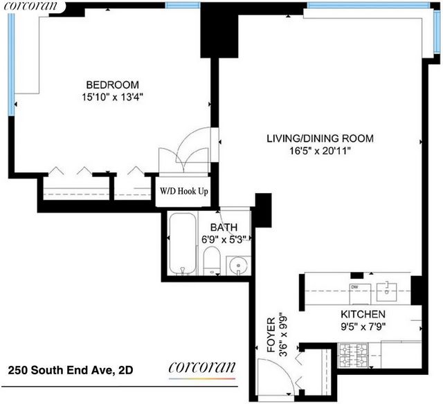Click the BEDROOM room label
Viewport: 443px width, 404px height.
112,84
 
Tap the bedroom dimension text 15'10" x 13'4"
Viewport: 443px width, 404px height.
112,98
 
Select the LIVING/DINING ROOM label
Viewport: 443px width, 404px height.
320,138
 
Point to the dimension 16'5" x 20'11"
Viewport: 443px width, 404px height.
320,151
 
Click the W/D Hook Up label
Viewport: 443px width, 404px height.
184,191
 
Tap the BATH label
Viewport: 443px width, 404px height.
224,228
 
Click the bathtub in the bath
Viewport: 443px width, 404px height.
183,244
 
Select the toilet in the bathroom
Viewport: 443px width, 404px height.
212,260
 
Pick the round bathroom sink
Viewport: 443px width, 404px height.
239,266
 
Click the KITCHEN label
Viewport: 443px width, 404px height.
363,314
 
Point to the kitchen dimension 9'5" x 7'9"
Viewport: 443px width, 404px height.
363,327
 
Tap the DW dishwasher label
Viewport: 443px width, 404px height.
354,287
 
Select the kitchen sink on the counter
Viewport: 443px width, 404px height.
386,292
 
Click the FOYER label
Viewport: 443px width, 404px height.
271,335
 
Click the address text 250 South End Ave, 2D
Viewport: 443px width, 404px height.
71,370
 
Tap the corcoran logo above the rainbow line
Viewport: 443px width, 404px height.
201,367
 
